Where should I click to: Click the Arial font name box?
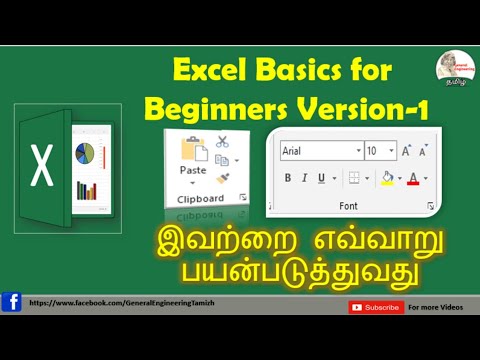pos(320,150)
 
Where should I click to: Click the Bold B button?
pos(288,178)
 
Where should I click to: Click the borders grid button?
pos(354,178)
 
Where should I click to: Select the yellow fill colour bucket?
pos(388,178)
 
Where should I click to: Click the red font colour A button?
pos(414,178)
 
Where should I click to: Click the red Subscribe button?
pos(376,307)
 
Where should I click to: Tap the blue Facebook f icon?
pos(11,302)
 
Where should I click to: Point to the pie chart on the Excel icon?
pos(85,154)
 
